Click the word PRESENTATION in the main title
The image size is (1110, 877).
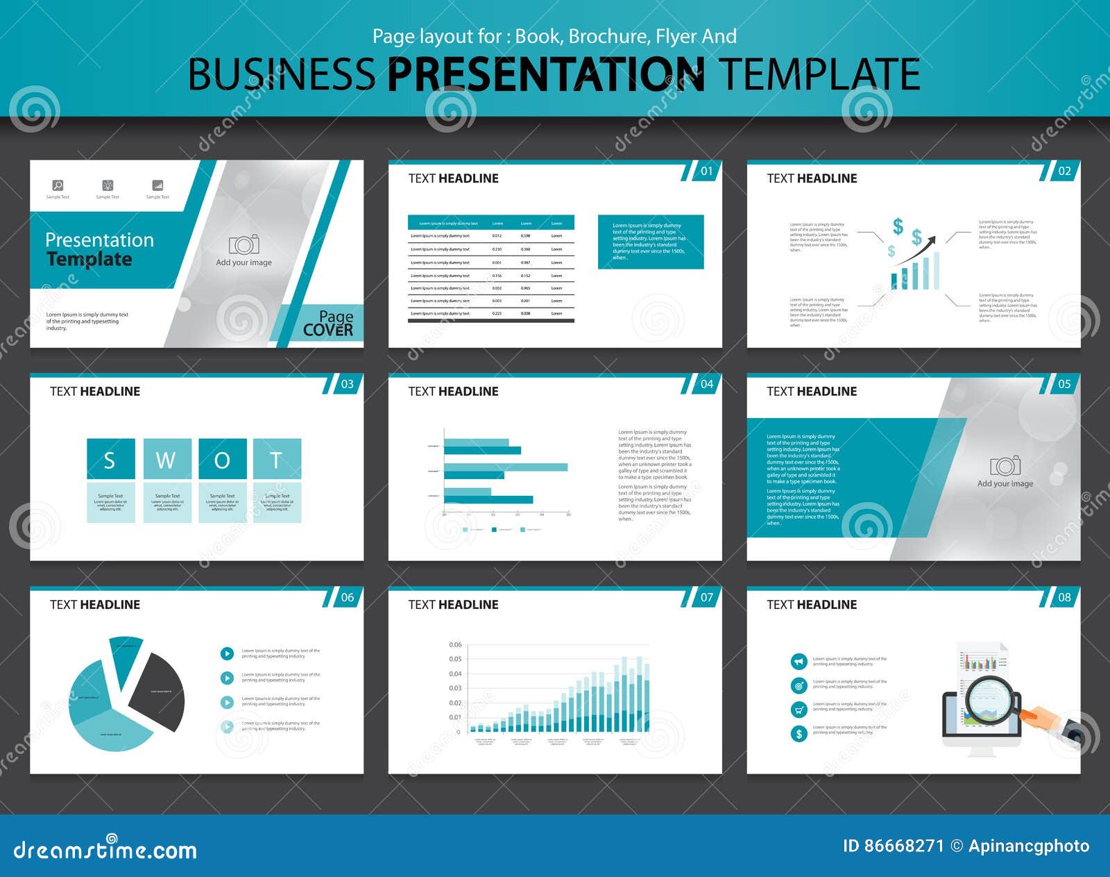tap(545, 74)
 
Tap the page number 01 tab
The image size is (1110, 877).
tap(706, 171)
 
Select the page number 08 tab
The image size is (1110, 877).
tap(1064, 597)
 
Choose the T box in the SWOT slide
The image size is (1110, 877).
tap(277, 459)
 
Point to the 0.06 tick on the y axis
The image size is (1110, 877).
tap(455, 644)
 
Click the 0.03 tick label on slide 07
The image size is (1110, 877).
tap(455, 688)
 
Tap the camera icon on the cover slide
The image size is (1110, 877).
tap(244, 244)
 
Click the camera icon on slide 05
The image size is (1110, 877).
tap(1005, 465)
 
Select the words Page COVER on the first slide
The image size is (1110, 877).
tap(328, 324)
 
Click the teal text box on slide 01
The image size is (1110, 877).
tap(650, 242)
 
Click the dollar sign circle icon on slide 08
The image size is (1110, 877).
tap(799, 733)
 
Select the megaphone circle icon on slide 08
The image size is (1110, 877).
tap(799, 662)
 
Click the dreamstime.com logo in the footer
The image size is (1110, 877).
tap(105, 850)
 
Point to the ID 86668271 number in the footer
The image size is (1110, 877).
tap(894, 846)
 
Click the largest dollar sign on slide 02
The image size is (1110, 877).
tap(898, 226)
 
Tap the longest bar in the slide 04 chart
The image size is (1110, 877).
tap(505, 467)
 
